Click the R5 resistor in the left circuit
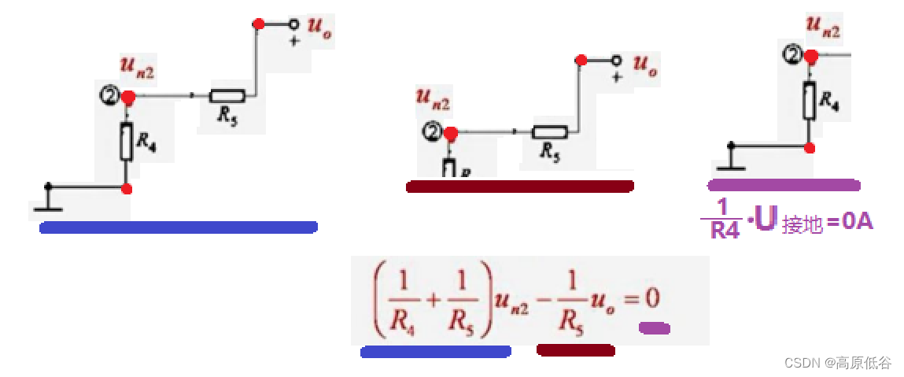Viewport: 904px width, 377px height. click(x=227, y=96)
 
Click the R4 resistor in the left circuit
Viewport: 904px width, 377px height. click(x=127, y=142)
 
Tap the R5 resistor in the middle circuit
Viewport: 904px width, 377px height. click(x=549, y=132)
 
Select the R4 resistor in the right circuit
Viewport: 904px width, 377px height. click(x=810, y=101)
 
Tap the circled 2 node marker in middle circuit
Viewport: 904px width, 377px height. click(x=432, y=132)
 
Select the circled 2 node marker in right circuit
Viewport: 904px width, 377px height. click(x=792, y=55)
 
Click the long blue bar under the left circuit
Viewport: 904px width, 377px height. click(x=179, y=227)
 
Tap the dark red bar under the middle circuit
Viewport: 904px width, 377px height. click(x=520, y=187)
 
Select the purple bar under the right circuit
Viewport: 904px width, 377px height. click(x=784, y=185)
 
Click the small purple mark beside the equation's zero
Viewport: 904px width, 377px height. click(x=654, y=327)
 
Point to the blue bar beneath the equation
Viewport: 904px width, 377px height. click(x=435, y=352)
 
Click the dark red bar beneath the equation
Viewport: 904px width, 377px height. click(x=575, y=350)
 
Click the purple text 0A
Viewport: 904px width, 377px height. click(x=856, y=222)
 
